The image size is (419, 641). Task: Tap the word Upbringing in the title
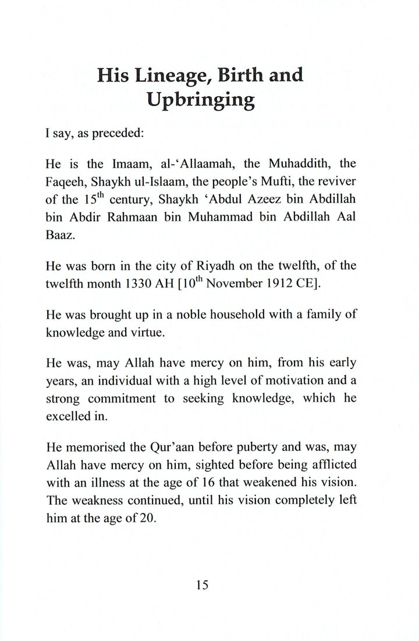click(x=200, y=102)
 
